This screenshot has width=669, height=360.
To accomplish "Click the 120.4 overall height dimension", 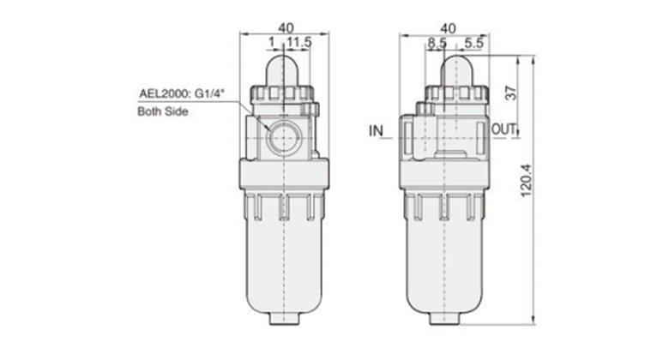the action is (527, 180).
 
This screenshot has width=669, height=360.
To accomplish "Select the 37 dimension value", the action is (510, 93).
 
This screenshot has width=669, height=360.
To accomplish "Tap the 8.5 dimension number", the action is (437, 43).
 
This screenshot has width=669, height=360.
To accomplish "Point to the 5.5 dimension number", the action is (474, 43).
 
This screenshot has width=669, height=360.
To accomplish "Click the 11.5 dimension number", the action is (299, 42).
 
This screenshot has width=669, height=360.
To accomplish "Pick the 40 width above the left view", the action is (286, 28).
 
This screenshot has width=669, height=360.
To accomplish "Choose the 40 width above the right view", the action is (448, 28).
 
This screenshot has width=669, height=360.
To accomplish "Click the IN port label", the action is (376, 130).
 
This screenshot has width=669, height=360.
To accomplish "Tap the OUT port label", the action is (503, 129).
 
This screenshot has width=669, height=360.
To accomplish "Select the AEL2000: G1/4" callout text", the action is (182, 93).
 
